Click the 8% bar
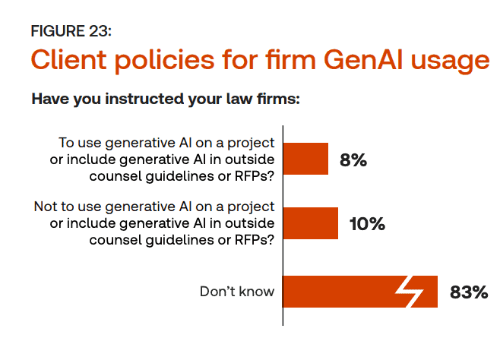[x=305, y=159]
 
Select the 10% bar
[x=311, y=223]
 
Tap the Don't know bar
[x=360, y=292]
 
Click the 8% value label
[x=353, y=160]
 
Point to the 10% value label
[x=367, y=224]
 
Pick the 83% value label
[x=469, y=292]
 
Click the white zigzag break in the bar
[x=410, y=292]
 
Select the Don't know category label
[x=237, y=292]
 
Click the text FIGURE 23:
[x=71, y=31]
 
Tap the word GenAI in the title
[x=363, y=59]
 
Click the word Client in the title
[x=68, y=59]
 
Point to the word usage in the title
[x=450, y=62]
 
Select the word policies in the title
[x=165, y=61]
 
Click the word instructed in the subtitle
[x=145, y=99]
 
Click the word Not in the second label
[x=46, y=207]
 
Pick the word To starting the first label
[x=66, y=143]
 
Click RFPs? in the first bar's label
[x=255, y=176]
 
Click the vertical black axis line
[x=283, y=226]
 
